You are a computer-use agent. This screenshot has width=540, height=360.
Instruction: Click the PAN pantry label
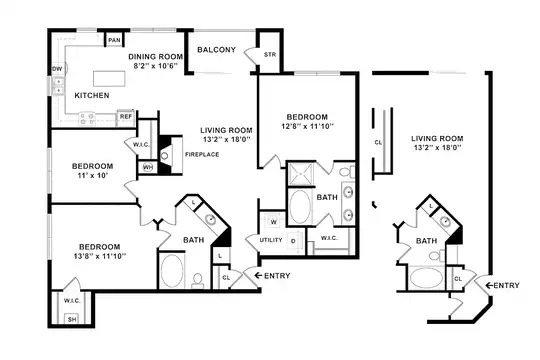(114, 40)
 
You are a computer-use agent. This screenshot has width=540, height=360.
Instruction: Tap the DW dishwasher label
(57, 69)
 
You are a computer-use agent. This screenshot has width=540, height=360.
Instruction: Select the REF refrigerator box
(126, 117)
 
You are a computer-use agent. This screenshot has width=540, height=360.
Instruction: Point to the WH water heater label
(148, 168)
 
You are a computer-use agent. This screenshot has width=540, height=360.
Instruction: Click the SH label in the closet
(72, 319)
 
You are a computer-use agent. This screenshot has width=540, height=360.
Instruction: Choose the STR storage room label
(270, 54)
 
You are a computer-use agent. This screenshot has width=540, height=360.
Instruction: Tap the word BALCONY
(216, 50)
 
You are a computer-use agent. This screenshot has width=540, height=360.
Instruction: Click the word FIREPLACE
(202, 154)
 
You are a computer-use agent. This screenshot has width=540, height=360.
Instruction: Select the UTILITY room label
(271, 240)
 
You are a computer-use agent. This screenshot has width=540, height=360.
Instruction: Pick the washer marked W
(273, 222)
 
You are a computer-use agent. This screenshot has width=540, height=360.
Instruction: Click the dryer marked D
(293, 241)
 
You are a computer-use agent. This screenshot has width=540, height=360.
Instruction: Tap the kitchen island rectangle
(109, 79)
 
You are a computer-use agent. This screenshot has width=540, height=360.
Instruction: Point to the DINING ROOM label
(155, 56)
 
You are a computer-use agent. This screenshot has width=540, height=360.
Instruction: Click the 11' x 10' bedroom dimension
(92, 175)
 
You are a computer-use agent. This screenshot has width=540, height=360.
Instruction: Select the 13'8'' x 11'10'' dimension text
(100, 256)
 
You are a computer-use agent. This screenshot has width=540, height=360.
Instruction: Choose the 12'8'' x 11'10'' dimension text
(307, 126)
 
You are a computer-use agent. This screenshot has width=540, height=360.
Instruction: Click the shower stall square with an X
(300, 174)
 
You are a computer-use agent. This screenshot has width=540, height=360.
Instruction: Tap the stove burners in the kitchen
(87, 119)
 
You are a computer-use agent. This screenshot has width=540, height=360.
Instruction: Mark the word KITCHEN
(92, 95)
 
